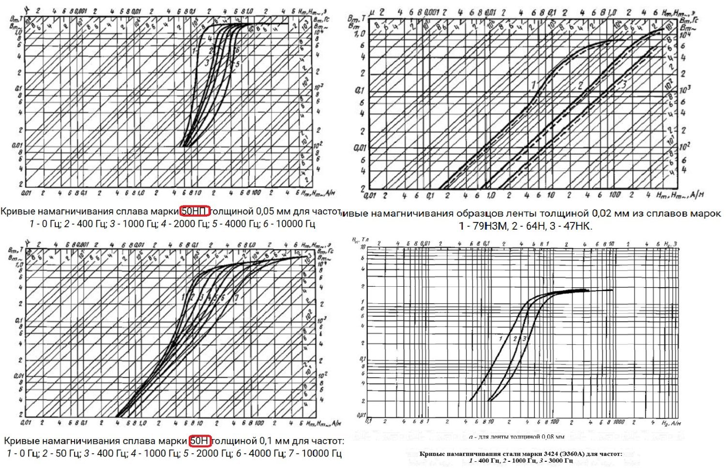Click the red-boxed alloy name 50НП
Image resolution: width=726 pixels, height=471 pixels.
coord(195,211)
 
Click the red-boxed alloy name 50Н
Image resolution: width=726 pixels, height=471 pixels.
coord(200,441)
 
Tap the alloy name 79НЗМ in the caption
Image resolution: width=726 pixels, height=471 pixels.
coord(495,226)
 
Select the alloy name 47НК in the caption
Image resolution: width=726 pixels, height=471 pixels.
coord(577,226)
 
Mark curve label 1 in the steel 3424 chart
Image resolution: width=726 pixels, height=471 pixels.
coord(501,339)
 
